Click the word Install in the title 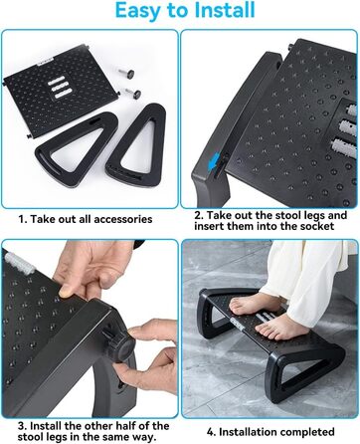click(x=225, y=10)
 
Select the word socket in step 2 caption click(x=317, y=226)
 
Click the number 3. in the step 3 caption click(x=22, y=426)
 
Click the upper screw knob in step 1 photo click(x=126, y=72)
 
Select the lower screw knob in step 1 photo click(x=131, y=93)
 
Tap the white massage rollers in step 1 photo click(x=57, y=88)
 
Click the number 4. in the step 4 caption click(x=212, y=432)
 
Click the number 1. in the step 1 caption click(x=23, y=220)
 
